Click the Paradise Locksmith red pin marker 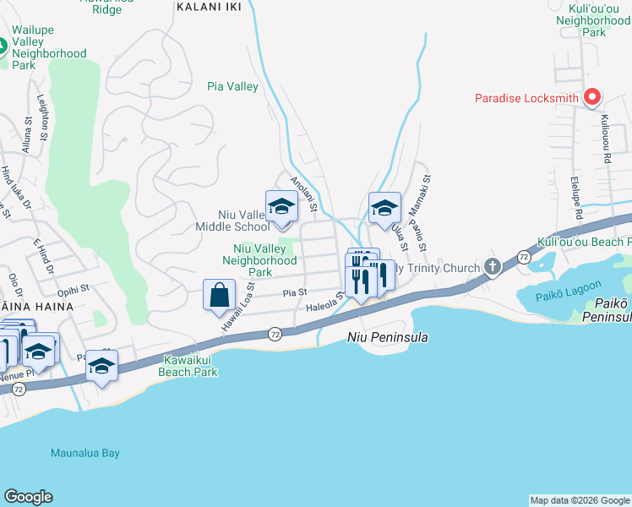click(x=592, y=98)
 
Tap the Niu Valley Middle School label click(x=232, y=221)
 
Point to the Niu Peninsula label click(x=388, y=337)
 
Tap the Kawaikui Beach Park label click(x=190, y=366)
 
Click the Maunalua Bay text click(x=84, y=453)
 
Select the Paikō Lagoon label click(x=565, y=297)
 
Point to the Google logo click(x=28, y=497)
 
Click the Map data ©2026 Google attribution click(x=579, y=500)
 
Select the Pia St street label click(x=294, y=292)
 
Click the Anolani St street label click(x=303, y=194)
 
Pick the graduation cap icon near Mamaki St click(x=384, y=208)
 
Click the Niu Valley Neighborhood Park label click(x=259, y=260)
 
